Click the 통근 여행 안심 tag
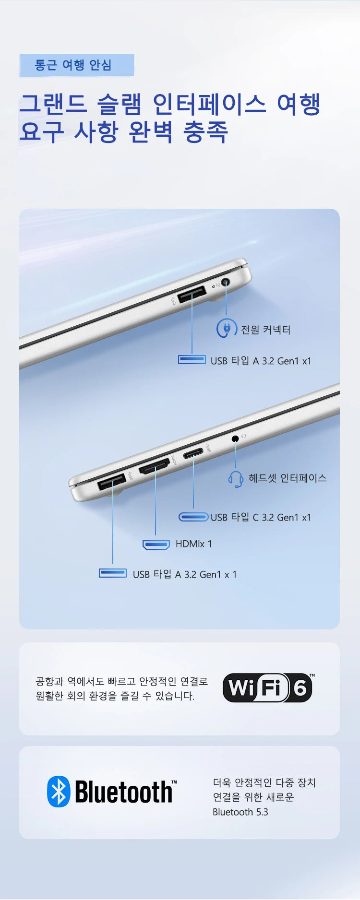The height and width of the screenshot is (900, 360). pos(77,65)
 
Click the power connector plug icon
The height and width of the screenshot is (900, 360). pos(225,329)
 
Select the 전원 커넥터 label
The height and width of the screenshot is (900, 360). pos(265,330)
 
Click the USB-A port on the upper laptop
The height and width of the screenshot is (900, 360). pos(192,294)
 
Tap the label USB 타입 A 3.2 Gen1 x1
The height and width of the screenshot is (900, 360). pos(261,361)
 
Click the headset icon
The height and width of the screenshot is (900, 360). pos(236,479)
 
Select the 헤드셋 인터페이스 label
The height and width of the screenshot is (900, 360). pos(288,478)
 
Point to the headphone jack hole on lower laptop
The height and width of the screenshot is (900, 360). pos(235,438)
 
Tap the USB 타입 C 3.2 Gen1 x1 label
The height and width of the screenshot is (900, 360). pos(261,517)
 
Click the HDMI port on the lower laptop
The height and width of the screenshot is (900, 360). pos(155,466)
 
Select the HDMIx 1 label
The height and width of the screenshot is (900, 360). pos(193,544)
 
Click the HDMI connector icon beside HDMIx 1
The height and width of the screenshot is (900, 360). pos(156,545)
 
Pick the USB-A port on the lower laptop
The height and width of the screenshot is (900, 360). pos(112,481)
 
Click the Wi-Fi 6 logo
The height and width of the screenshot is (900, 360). pos(268,687)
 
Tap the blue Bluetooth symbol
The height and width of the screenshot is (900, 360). pos(59,791)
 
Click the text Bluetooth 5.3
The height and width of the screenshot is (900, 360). pos(240,812)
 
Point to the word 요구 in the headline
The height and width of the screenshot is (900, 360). pos(42,132)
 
